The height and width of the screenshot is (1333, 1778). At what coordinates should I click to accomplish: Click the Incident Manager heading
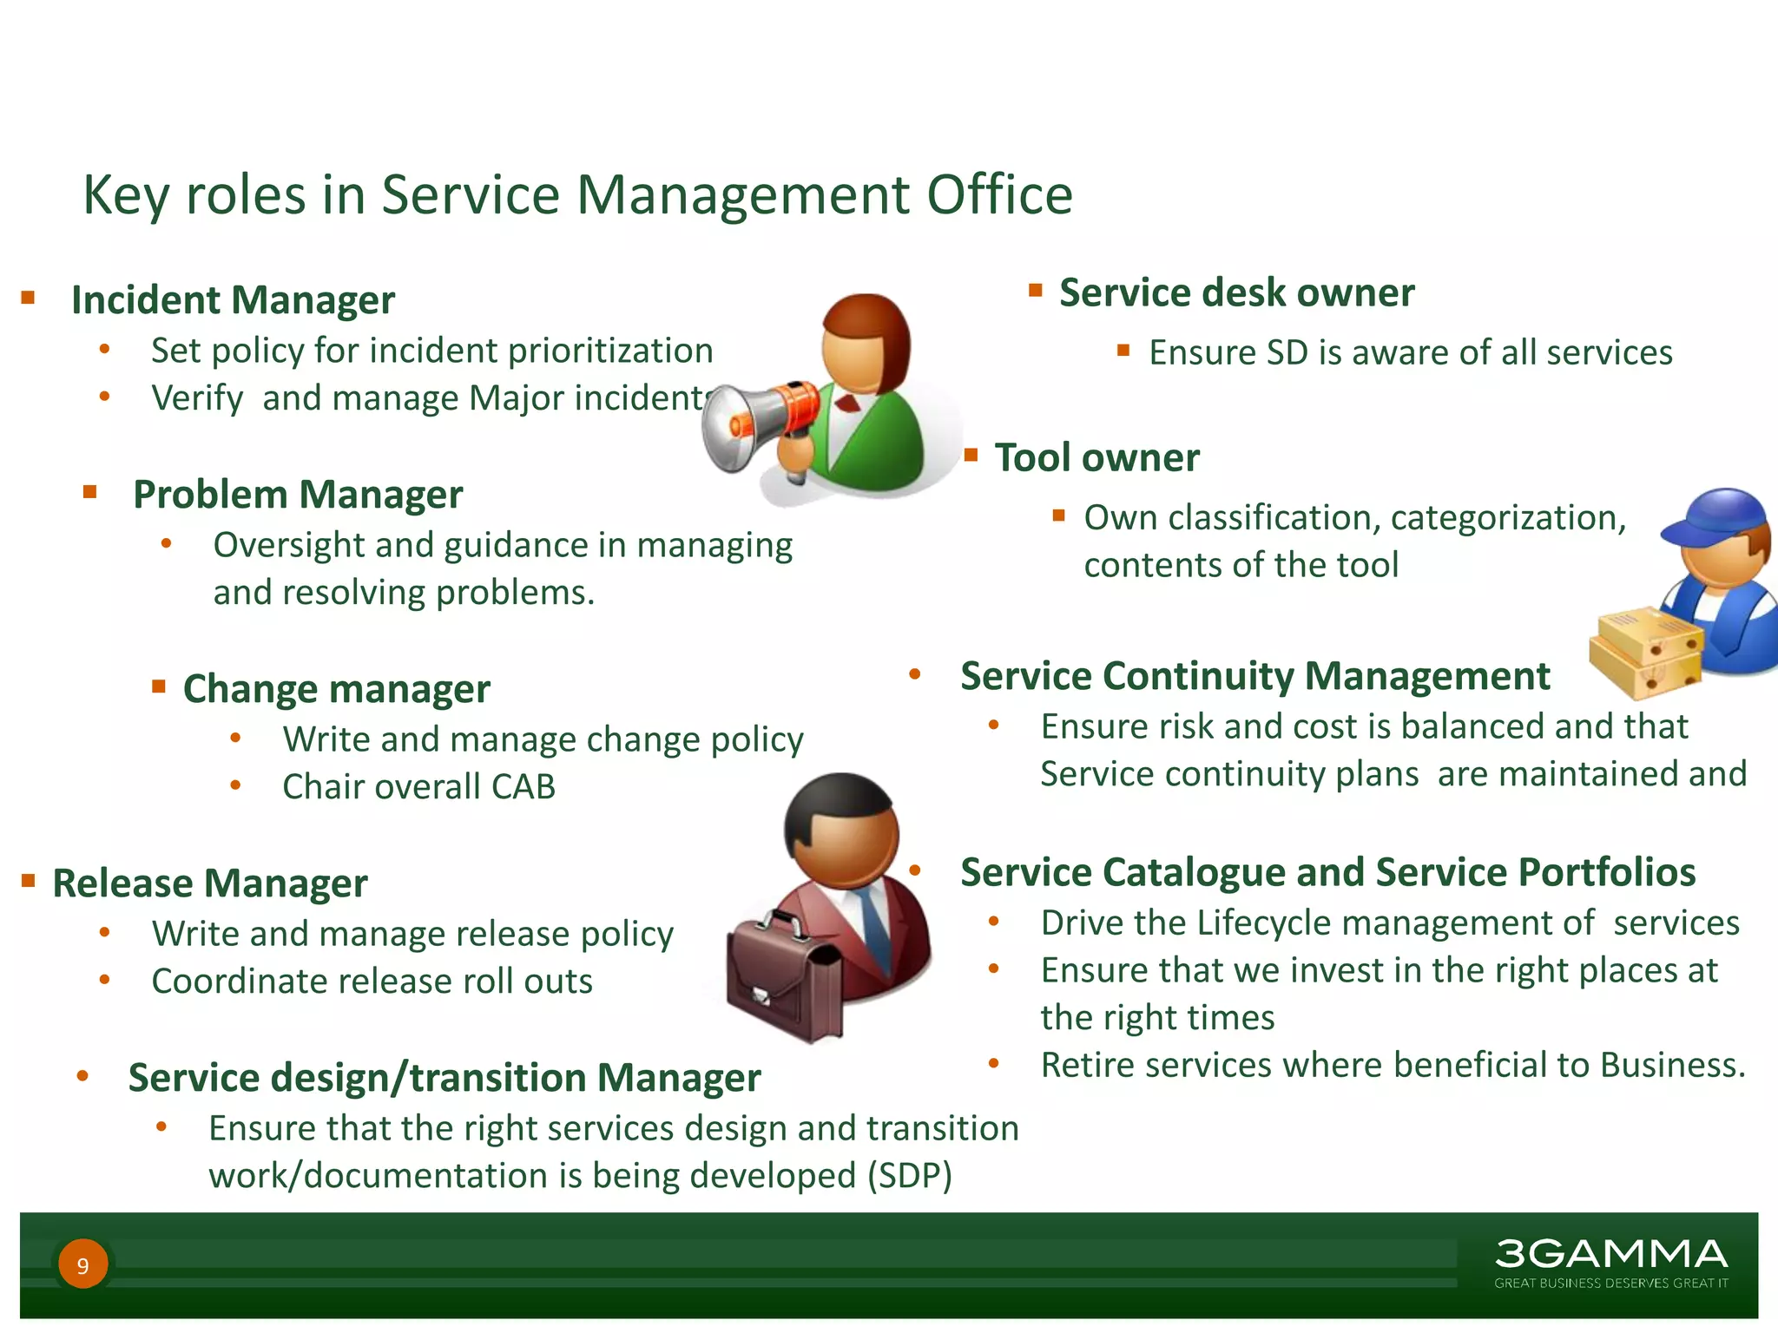[233, 300]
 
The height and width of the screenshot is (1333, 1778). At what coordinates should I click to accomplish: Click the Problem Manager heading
[298, 495]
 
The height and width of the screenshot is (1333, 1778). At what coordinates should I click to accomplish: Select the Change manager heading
[336, 689]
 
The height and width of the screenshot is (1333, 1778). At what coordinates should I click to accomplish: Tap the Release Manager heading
[210, 883]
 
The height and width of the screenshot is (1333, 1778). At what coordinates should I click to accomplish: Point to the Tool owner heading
[1096, 458]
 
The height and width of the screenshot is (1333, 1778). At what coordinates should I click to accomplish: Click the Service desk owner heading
[1236, 293]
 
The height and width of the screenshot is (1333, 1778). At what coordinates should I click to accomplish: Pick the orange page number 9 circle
[83, 1264]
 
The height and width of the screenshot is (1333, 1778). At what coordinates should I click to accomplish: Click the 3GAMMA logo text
[1610, 1254]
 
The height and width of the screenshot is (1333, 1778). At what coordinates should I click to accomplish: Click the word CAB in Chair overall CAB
[523, 787]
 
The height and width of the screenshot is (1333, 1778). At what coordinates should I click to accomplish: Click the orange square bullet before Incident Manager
[29, 299]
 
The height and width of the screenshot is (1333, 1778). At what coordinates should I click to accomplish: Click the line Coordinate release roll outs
[372, 982]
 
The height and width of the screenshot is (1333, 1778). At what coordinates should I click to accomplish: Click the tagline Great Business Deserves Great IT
[1610, 1283]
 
